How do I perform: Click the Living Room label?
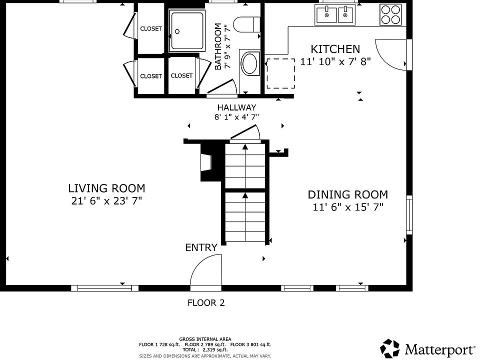point(106,188)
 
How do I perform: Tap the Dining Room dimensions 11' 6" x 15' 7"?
point(348,207)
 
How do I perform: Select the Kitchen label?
point(335,49)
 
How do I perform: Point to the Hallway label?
point(236,107)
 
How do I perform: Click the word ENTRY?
point(201,247)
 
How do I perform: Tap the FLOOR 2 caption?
point(206,303)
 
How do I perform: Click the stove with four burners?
point(390,14)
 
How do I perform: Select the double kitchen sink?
point(335,14)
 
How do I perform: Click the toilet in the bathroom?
point(246,24)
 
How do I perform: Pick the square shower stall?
point(187,30)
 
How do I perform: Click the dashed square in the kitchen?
point(280,73)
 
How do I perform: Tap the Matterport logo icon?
point(389,348)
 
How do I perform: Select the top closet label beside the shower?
point(151,28)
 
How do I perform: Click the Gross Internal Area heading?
point(205,339)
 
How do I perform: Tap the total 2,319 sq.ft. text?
point(205,349)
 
